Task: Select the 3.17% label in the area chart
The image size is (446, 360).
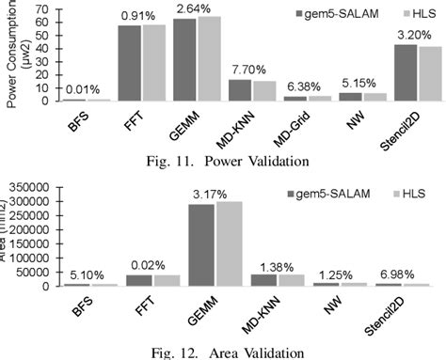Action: [x=215, y=192]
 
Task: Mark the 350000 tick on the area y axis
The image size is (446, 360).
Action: [x=29, y=188]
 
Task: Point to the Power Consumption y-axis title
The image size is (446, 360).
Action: [x=13, y=52]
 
